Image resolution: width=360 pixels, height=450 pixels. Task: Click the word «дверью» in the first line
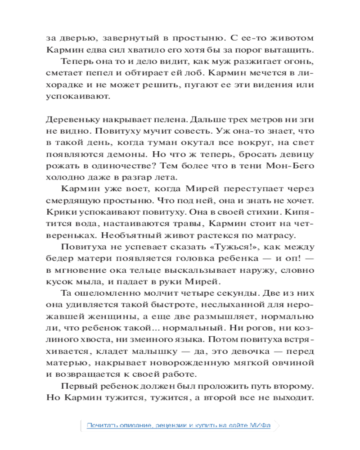74,37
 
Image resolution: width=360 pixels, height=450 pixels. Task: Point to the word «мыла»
94,282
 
